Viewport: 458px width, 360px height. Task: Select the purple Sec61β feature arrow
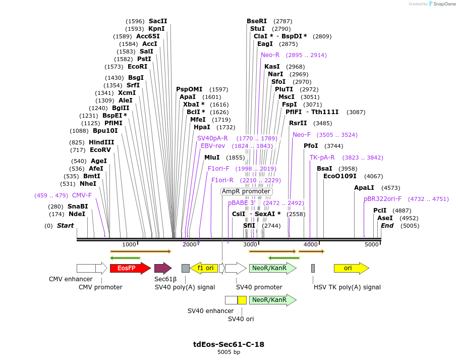pyautogui.click(x=162, y=268)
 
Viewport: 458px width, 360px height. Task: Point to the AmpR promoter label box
pyautogui.click(x=246, y=192)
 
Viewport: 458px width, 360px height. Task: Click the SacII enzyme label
pyautogui.click(x=158, y=21)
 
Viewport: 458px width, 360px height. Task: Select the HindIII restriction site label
pyautogui.click(x=101, y=142)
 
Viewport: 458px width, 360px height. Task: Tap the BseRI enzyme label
pyautogui.click(x=257, y=21)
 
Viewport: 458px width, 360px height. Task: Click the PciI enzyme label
pyautogui.click(x=380, y=211)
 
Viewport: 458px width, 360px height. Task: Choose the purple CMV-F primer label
pyautogui.click(x=82, y=195)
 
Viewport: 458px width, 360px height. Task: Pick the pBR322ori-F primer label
pyautogui.click(x=382, y=199)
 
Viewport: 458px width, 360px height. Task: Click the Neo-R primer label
pyautogui.click(x=270, y=55)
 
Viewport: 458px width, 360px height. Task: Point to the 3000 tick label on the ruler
pyautogui.click(x=250, y=244)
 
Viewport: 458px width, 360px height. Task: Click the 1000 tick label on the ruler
pyautogui.click(x=129, y=244)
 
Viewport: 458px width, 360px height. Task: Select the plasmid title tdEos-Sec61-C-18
pyautogui.click(x=228, y=344)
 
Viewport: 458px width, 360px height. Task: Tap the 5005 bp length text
pyautogui.click(x=228, y=352)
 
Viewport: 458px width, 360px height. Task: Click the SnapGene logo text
pyautogui.click(x=445, y=4)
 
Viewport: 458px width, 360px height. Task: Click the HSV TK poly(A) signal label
pyautogui.click(x=347, y=287)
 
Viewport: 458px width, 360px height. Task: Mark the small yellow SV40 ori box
pyautogui.click(x=242, y=300)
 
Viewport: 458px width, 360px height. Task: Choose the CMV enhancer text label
pyautogui.click(x=71, y=279)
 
